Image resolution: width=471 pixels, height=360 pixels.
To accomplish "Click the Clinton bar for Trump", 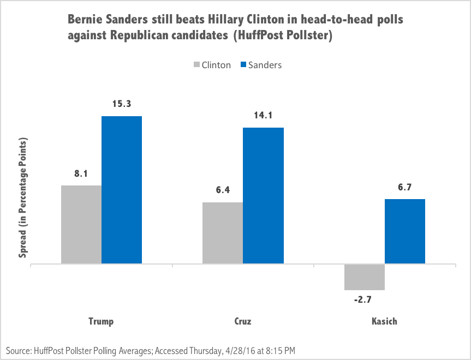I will click(81, 225).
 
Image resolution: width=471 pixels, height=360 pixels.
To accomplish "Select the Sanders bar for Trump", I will click(122, 190).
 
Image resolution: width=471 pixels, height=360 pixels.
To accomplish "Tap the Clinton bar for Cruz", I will click(223, 233).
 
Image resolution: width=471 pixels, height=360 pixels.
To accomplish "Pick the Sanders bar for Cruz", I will click(263, 196).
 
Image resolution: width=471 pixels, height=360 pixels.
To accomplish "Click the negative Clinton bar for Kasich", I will click(365, 277).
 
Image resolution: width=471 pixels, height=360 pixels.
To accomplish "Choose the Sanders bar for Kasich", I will click(405, 231).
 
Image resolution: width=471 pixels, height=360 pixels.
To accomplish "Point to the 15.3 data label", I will click(122, 104).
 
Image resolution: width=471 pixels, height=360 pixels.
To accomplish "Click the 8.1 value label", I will click(81, 174).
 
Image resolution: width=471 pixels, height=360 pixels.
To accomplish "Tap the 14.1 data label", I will click(263, 116).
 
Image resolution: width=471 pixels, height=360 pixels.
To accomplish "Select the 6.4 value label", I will click(223, 191).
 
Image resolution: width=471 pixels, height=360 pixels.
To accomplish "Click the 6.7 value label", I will click(405, 188).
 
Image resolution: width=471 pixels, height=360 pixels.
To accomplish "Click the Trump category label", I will click(101, 321).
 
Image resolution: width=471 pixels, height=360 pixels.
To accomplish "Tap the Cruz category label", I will click(243, 321).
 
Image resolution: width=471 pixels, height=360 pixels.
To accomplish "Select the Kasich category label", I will click(384, 321).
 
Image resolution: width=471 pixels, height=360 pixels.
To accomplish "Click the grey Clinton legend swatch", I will click(196, 65).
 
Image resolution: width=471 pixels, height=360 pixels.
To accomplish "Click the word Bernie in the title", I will click(85, 20).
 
